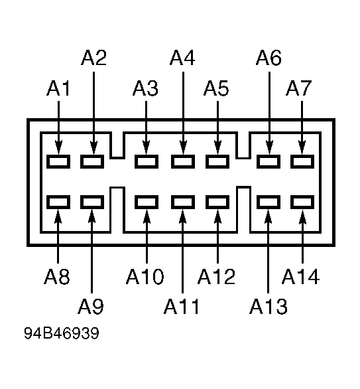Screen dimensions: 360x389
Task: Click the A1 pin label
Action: point(58,88)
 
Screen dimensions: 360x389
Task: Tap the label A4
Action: point(182,58)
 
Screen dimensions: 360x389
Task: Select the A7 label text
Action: point(298,88)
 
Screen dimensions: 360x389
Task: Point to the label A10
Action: point(145,276)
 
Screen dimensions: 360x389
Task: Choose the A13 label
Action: point(269,307)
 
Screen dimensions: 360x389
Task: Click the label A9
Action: point(91,307)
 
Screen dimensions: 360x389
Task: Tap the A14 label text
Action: point(300,276)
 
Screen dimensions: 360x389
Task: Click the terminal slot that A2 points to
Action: point(92,161)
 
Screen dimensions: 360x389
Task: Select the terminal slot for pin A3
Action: point(147,161)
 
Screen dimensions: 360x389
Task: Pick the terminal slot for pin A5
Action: point(217,161)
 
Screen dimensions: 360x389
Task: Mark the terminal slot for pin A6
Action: point(269,161)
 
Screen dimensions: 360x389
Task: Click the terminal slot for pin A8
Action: point(58,202)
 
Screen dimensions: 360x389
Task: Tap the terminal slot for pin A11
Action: point(183,202)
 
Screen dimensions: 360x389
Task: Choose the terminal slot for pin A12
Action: point(217,202)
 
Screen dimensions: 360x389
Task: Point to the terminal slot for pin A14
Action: point(302,202)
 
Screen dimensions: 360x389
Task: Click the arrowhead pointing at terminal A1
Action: point(58,147)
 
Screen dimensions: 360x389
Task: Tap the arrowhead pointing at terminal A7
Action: point(302,147)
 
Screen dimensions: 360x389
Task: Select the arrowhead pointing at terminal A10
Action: point(147,216)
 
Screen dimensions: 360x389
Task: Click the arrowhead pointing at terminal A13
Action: point(268,216)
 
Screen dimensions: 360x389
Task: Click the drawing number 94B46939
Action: point(62,333)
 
